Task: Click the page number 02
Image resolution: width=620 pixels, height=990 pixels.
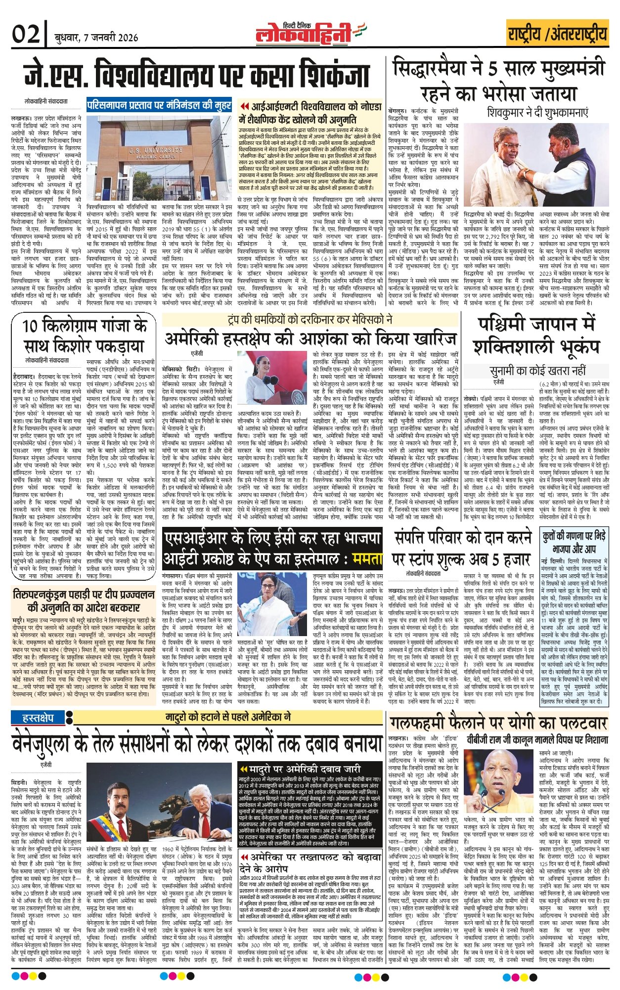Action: [x=26, y=35]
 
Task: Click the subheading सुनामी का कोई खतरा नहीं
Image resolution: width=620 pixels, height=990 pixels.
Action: [x=537, y=370]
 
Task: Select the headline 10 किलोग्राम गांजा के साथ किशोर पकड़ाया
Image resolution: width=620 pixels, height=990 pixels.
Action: [x=85, y=336]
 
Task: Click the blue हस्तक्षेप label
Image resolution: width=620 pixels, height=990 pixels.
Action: [x=39, y=717]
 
